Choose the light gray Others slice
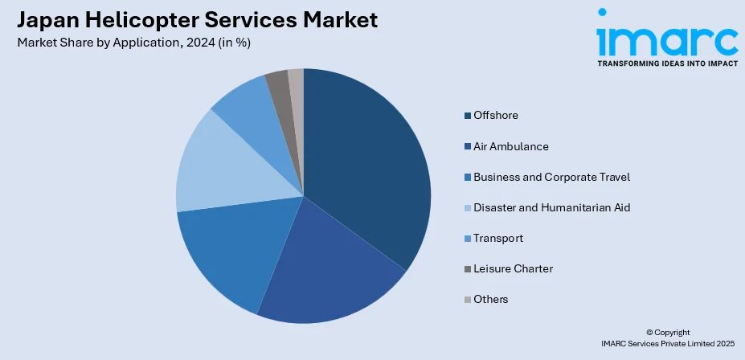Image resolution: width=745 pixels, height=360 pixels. [x=297, y=80]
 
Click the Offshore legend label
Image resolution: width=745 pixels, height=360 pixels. [x=496, y=116]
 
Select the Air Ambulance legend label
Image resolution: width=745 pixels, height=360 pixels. [x=511, y=146]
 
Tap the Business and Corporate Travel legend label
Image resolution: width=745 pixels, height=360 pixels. [x=551, y=177]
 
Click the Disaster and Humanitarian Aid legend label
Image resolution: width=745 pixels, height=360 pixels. [x=551, y=207]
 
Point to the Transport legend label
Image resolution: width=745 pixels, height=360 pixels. [x=498, y=238]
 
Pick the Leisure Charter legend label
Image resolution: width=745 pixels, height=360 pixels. [x=513, y=268]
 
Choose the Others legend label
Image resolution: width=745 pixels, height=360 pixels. [x=491, y=299]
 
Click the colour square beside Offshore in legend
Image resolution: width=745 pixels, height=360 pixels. [x=467, y=116]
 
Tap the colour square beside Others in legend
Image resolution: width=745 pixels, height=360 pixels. [x=467, y=299]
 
